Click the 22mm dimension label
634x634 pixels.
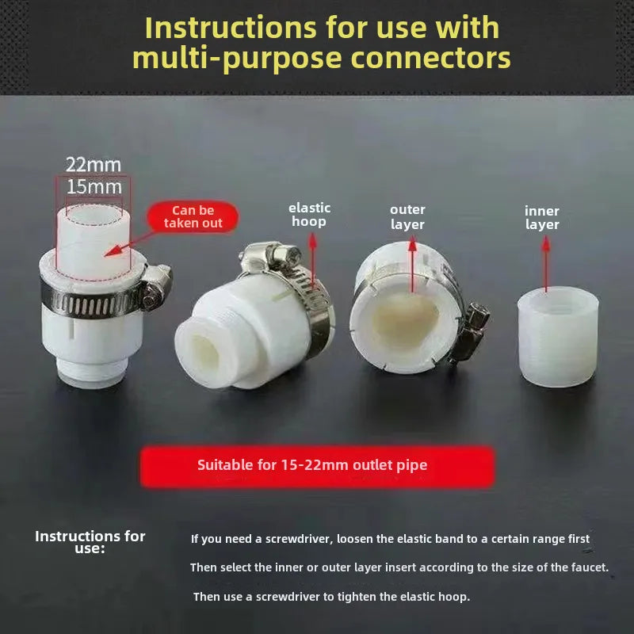click(x=94, y=165)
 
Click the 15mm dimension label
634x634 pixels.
click(x=94, y=187)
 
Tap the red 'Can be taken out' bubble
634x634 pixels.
click(x=193, y=216)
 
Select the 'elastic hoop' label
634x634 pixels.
click(x=309, y=215)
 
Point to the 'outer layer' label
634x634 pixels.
click(x=407, y=216)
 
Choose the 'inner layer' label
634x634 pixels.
click(x=542, y=217)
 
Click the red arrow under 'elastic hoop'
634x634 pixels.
click(x=312, y=261)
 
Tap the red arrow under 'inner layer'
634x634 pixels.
click(x=546, y=264)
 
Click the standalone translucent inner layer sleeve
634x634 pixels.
click(x=558, y=336)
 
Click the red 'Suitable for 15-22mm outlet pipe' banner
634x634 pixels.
click(x=318, y=466)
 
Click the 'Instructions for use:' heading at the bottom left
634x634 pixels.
click(x=90, y=542)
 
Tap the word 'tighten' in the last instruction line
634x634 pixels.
click(x=356, y=597)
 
